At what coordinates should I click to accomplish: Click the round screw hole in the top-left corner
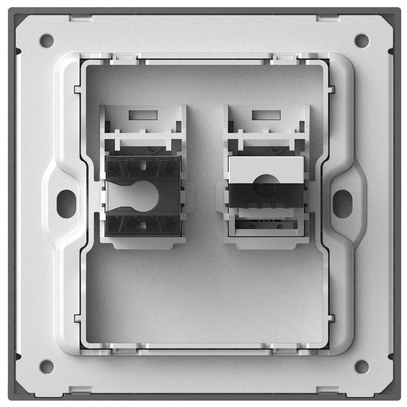(x=46, y=39)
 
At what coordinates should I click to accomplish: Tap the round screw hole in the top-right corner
(x=361, y=39)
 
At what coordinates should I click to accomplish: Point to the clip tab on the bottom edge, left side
(x=80, y=389)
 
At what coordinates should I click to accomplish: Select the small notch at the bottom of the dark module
(x=142, y=225)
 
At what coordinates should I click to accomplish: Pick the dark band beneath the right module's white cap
(x=267, y=196)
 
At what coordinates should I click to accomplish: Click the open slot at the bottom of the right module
(x=266, y=228)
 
